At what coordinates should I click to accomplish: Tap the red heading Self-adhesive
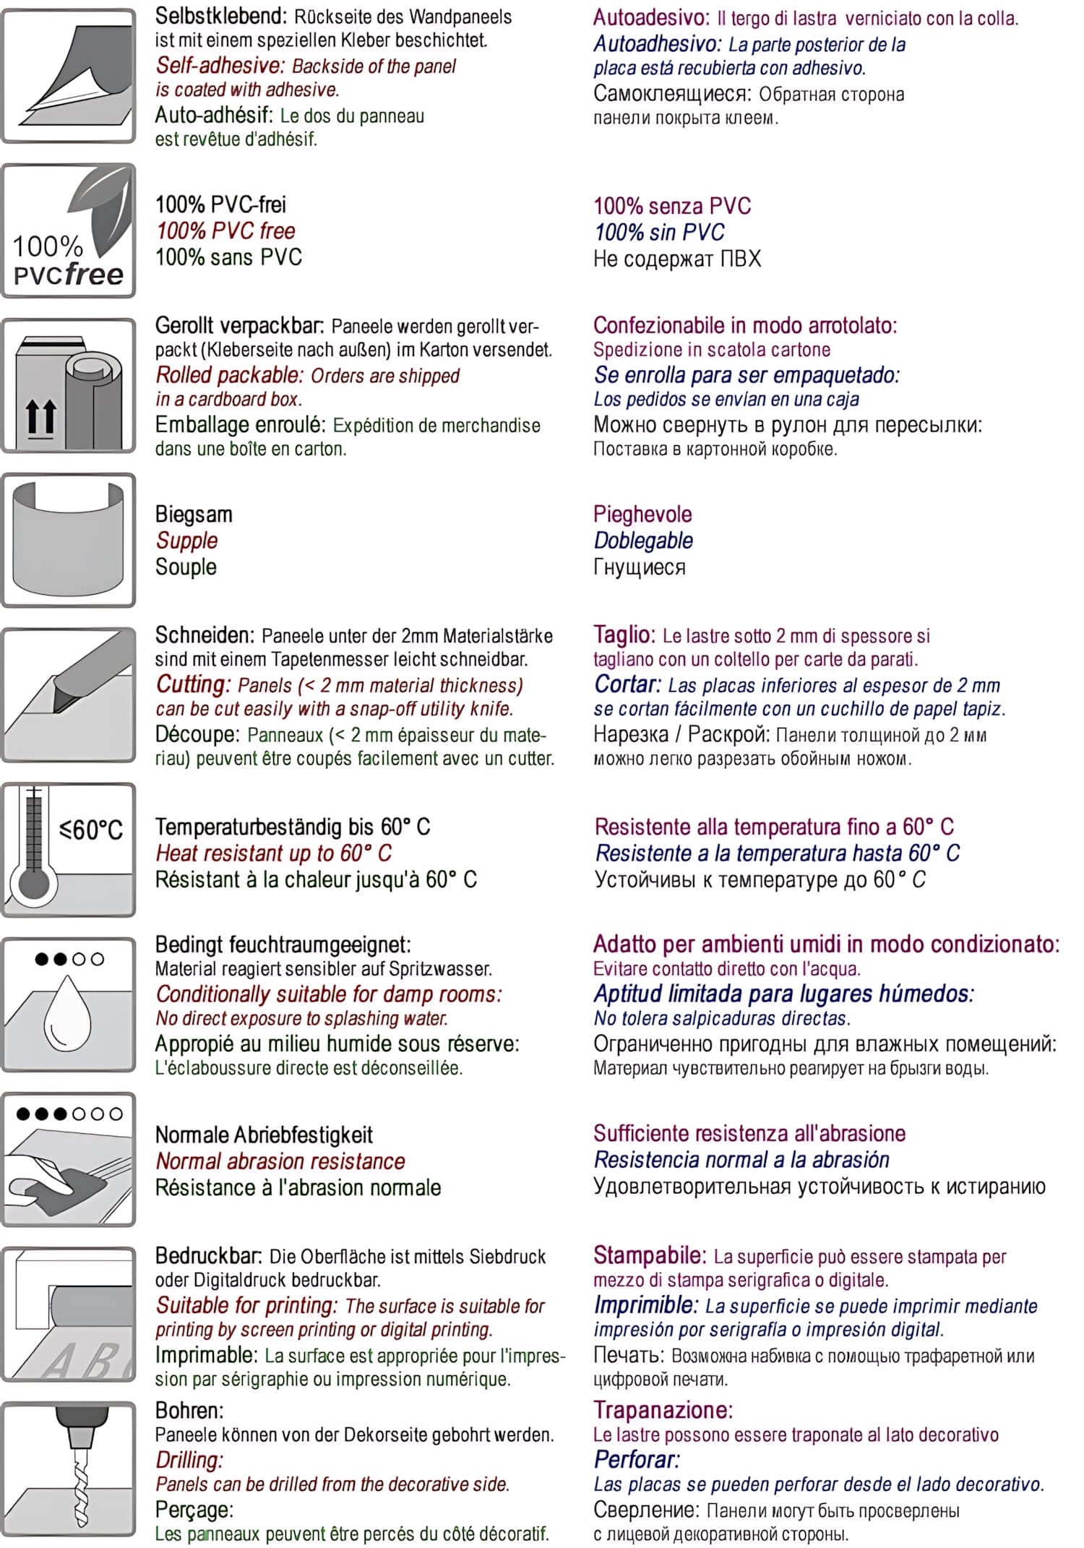click(220, 66)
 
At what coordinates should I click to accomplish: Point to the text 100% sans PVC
click(228, 257)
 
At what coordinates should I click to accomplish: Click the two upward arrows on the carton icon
click(41, 418)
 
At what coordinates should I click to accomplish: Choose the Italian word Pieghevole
click(642, 514)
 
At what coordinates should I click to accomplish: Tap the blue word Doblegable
click(643, 541)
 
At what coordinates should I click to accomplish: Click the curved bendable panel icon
click(69, 538)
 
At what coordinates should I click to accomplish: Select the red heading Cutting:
click(193, 684)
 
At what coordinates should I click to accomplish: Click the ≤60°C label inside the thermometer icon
click(91, 830)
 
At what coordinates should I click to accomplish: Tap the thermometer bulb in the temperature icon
click(33, 883)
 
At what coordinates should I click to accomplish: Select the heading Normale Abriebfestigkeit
click(264, 1135)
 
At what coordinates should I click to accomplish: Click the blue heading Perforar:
click(637, 1459)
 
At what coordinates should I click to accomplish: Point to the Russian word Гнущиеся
click(640, 567)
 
